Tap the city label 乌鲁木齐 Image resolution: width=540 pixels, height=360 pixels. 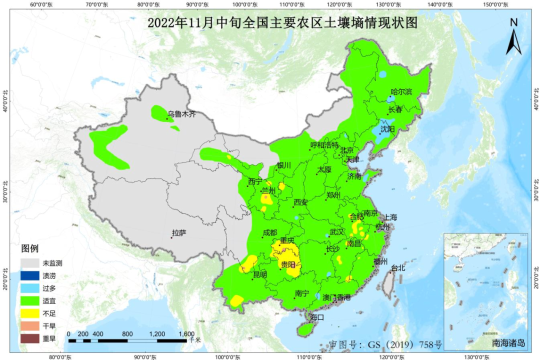[181, 114]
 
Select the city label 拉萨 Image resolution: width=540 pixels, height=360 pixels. [179, 232]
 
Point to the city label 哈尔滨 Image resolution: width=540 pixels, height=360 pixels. [401, 91]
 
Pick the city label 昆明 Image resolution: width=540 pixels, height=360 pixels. [260, 274]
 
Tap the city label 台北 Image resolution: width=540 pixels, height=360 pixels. [398, 267]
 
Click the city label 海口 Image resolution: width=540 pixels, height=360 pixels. [317, 317]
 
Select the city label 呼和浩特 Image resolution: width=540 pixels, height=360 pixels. [324, 145]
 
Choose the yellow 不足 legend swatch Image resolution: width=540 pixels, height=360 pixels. [29, 313]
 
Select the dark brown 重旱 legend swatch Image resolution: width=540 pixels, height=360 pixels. [29, 339]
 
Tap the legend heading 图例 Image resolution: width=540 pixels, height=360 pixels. [29, 248]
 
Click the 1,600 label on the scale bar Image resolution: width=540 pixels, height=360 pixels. [186, 334]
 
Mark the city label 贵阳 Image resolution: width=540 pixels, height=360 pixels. [287, 264]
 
